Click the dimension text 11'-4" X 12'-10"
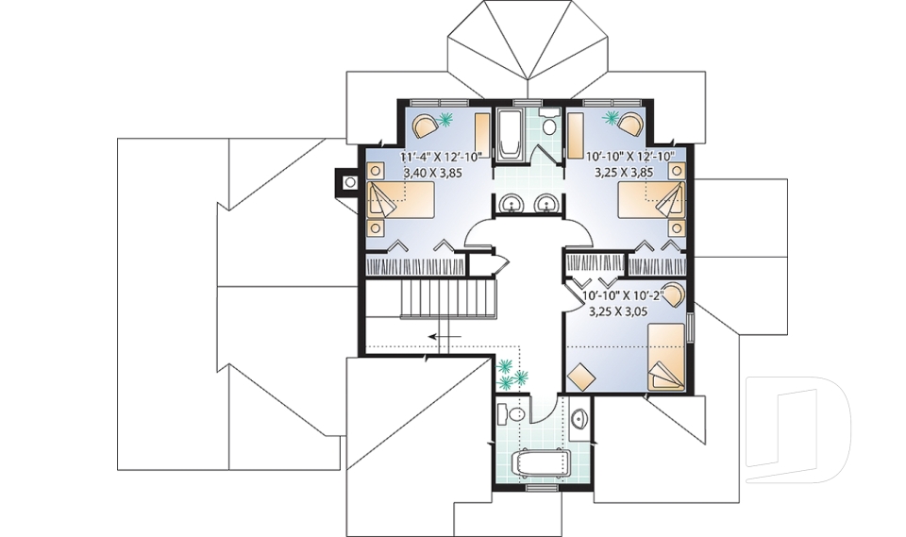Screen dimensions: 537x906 442,157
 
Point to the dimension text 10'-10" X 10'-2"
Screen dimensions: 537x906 624,294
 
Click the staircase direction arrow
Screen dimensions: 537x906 444,336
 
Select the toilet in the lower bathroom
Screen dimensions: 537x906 515,416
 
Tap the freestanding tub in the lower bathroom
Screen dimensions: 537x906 540,463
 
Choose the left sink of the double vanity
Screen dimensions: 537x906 511,203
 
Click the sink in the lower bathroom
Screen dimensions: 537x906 579,417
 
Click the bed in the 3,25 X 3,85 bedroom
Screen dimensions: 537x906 650,201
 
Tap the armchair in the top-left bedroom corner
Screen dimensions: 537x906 425,124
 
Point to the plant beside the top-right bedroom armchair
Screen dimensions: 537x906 611,118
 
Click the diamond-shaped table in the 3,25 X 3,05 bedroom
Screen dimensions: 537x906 582,375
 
